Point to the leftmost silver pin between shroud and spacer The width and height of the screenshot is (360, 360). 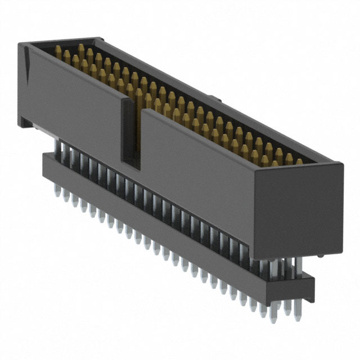56,147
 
